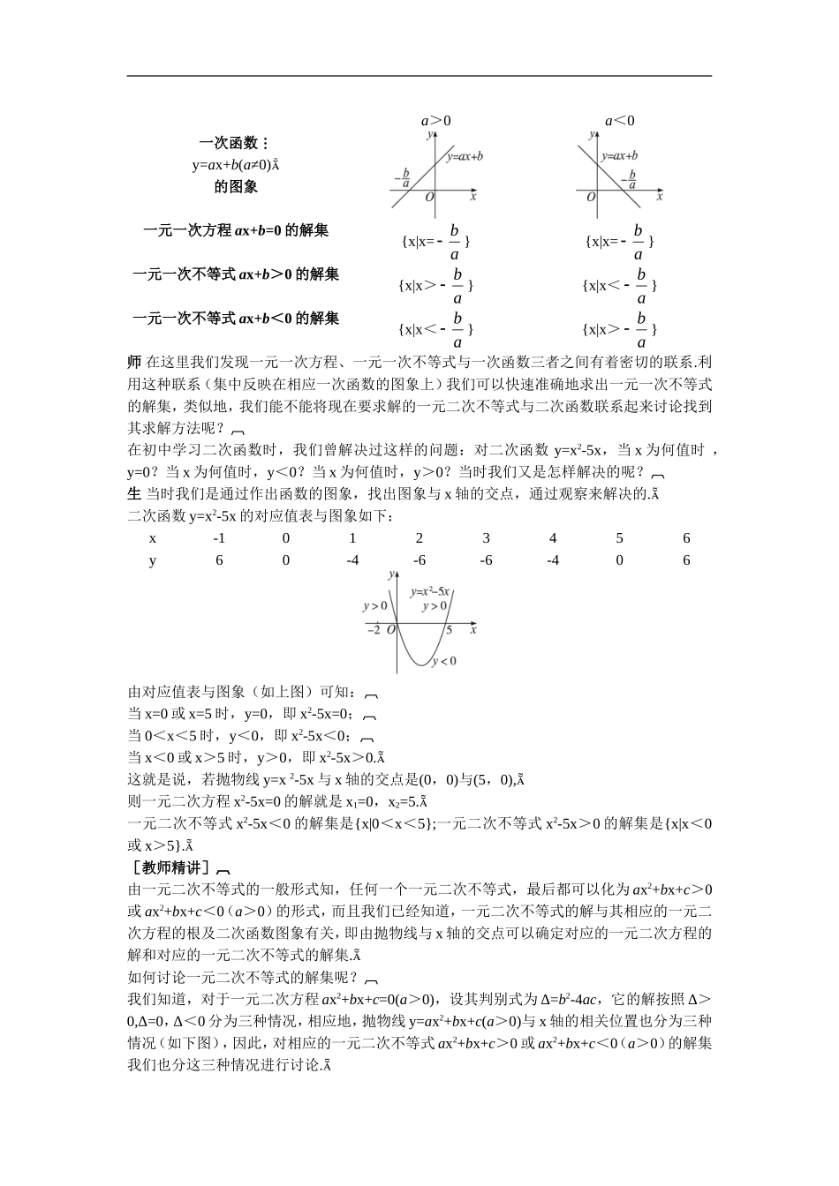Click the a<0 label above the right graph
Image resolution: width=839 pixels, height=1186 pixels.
point(619,121)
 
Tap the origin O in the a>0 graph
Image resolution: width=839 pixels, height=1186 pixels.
point(429,198)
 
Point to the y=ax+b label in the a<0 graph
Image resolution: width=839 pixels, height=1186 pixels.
point(619,156)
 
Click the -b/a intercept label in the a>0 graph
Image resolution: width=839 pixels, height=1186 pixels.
point(404,178)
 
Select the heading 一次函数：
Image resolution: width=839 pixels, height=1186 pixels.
point(235,143)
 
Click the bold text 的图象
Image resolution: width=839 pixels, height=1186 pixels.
point(236,187)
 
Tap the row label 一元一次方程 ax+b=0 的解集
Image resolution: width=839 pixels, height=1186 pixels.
point(236,231)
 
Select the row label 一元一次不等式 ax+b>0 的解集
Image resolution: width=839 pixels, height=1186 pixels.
point(236,274)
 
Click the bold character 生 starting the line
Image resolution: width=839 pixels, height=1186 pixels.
point(134,493)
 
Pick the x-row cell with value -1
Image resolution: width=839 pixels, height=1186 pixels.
point(219,538)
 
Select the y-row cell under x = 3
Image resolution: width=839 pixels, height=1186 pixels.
point(486,560)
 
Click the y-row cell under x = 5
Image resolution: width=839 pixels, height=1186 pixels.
point(619,560)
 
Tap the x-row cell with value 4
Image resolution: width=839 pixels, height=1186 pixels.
point(553,538)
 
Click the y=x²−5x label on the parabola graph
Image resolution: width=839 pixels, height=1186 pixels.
point(431,591)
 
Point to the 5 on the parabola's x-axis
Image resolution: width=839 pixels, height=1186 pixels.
point(449,630)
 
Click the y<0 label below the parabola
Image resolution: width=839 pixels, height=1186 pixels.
point(443,661)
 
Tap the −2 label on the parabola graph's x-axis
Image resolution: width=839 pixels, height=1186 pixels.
point(373,630)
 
